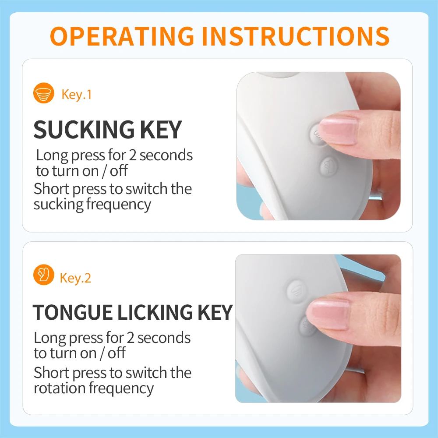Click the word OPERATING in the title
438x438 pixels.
click(x=122, y=36)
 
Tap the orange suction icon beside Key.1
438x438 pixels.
click(x=43, y=93)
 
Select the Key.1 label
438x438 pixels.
click(x=77, y=95)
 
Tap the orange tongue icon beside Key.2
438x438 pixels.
click(x=43, y=275)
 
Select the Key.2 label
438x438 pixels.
click(x=75, y=278)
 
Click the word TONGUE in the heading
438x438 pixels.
click(x=73, y=312)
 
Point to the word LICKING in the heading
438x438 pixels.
click(x=155, y=312)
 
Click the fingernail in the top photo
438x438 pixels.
click(x=339, y=131)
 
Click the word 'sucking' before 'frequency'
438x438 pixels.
click(x=58, y=205)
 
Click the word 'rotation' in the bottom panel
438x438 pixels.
click(x=60, y=388)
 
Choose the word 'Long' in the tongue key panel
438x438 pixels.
click(x=50, y=338)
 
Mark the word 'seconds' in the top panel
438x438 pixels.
click(x=166, y=155)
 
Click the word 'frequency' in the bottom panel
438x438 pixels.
click(x=121, y=389)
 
